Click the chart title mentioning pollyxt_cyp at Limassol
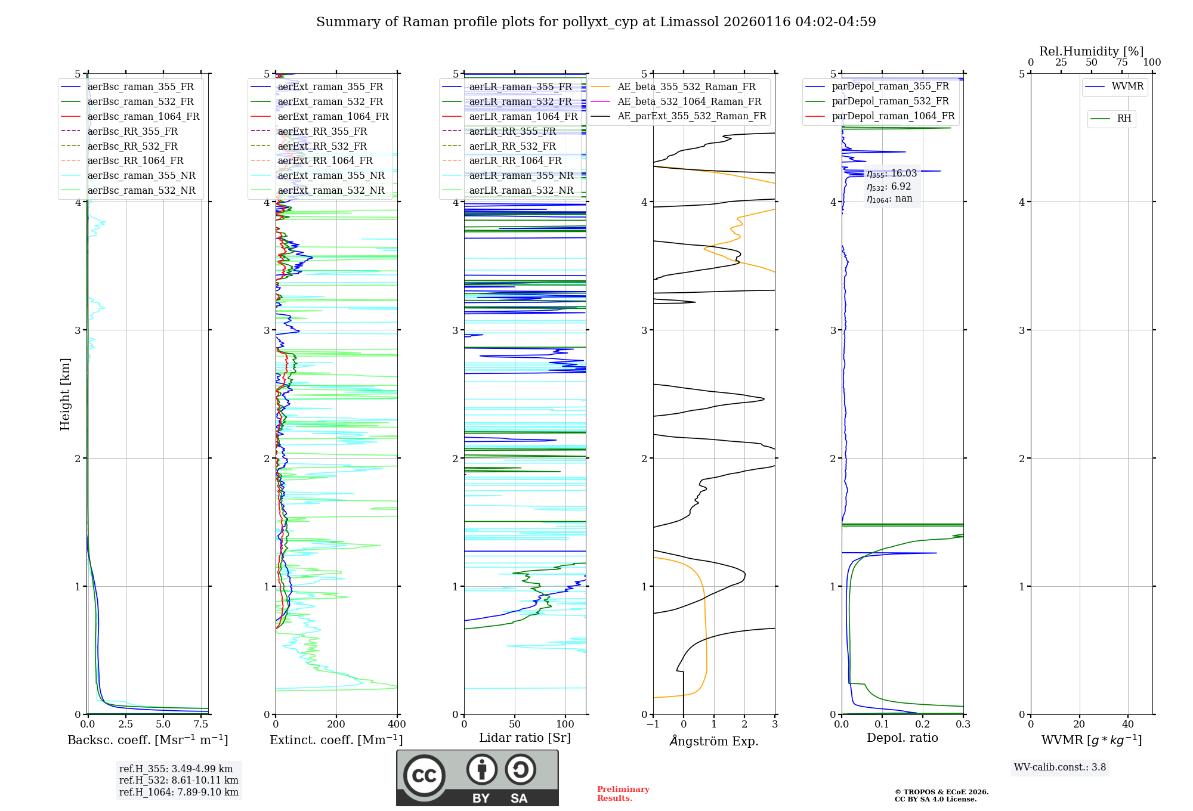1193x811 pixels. (x=596, y=22)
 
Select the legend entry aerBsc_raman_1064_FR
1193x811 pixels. (x=143, y=116)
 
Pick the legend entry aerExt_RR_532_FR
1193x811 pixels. (x=322, y=146)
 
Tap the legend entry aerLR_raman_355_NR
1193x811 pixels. (x=521, y=175)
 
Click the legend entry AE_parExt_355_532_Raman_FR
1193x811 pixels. (x=691, y=116)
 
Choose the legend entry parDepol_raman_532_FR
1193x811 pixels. (x=890, y=101)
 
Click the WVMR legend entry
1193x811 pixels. (x=1127, y=86)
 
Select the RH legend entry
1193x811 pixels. (x=1124, y=119)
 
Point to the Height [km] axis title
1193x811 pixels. (x=65, y=394)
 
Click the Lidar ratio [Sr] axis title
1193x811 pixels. (x=525, y=738)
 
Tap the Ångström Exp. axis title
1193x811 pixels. (x=714, y=741)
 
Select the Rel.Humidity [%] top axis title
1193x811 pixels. (x=1091, y=51)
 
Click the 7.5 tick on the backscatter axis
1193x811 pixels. (x=201, y=725)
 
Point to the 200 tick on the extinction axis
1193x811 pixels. (x=336, y=725)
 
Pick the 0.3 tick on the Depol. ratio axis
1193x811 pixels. (x=963, y=725)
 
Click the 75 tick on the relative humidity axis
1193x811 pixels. (x=1121, y=63)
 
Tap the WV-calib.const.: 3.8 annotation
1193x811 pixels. (x=1060, y=767)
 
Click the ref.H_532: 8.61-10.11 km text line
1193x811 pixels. (x=178, y=780)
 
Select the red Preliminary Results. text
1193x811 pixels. (x=623, y=794)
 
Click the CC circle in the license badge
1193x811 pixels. (x=424, y=776)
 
